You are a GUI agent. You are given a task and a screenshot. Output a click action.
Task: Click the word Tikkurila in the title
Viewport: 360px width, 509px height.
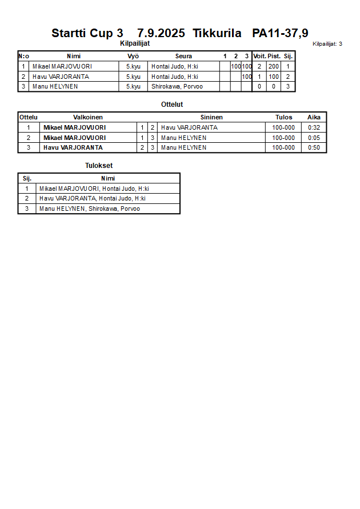[x=217, y=33]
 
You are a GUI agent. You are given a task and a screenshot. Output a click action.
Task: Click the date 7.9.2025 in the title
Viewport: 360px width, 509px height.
[x=161, y=33]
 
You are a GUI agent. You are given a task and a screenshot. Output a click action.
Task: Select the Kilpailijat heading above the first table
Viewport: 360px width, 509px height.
[x=135, y=43]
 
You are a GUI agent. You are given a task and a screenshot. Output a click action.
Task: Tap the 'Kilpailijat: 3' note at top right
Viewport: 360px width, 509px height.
[x=327, y=43]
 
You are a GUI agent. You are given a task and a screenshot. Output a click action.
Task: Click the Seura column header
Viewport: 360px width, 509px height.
[x=183, y=56]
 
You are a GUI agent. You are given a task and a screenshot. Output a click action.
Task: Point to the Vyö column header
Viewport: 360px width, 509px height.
[x=133, y=56]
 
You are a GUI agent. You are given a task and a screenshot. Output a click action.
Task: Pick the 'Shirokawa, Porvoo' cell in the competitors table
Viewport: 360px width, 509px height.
[x=177, y=87]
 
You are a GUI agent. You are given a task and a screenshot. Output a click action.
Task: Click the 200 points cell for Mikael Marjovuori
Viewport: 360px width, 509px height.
[x=274, y=66]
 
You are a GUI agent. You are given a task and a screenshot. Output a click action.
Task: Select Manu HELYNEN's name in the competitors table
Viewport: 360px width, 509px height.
[x=55, y=87]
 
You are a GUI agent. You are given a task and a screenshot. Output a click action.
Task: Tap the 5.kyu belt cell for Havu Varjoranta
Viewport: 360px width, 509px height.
[x=133, y=77]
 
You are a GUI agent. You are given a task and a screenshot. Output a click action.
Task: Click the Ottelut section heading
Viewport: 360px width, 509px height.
[x=172, y=105]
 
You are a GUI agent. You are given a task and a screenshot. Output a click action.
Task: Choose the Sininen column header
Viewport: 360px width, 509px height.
[x=211, y=117]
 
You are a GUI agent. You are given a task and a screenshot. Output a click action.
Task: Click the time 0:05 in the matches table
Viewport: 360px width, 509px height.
[x=314, y=138]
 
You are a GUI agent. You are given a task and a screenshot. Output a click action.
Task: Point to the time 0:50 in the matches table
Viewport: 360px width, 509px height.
[x=314, y=147]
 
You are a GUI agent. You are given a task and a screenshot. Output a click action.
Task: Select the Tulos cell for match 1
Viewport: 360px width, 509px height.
[x=283, y=127]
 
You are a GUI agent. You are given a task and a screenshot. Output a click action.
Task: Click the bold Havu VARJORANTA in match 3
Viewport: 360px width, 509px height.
[x=73, y=147]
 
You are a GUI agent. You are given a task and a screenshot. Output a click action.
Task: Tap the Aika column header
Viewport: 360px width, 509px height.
[x=314, y=117]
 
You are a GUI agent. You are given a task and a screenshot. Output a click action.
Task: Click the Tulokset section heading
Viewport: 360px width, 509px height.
[x=99, y=166]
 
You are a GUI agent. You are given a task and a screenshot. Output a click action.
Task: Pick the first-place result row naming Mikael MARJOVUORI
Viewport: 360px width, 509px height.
[x=94, y=189]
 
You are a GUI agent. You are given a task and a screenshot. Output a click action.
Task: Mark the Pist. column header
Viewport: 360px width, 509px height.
[x=274, y=56]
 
